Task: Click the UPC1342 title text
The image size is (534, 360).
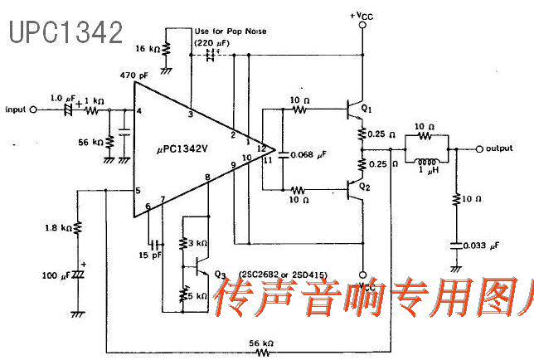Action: pyautogui.click(x=66, y=32)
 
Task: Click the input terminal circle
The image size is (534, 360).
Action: pyautogui.click(x=33, y=109)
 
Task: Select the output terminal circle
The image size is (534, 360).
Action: pyautogui.click(x=480, y=148)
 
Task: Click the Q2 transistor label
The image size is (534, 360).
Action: pyautogui.click(x=364, y=187)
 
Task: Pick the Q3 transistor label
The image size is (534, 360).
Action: pyautogui.click(x=220, y=275)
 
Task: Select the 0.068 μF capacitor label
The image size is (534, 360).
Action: pyautogui.click(x=311, y=154)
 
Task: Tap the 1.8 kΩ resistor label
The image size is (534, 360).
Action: pyautogui.click(x=59, y=225)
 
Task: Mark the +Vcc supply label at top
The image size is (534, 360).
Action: pyautogui.click(x=362, y=15)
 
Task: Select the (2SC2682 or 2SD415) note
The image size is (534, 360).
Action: pyautogui.click(x=280, y=274)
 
